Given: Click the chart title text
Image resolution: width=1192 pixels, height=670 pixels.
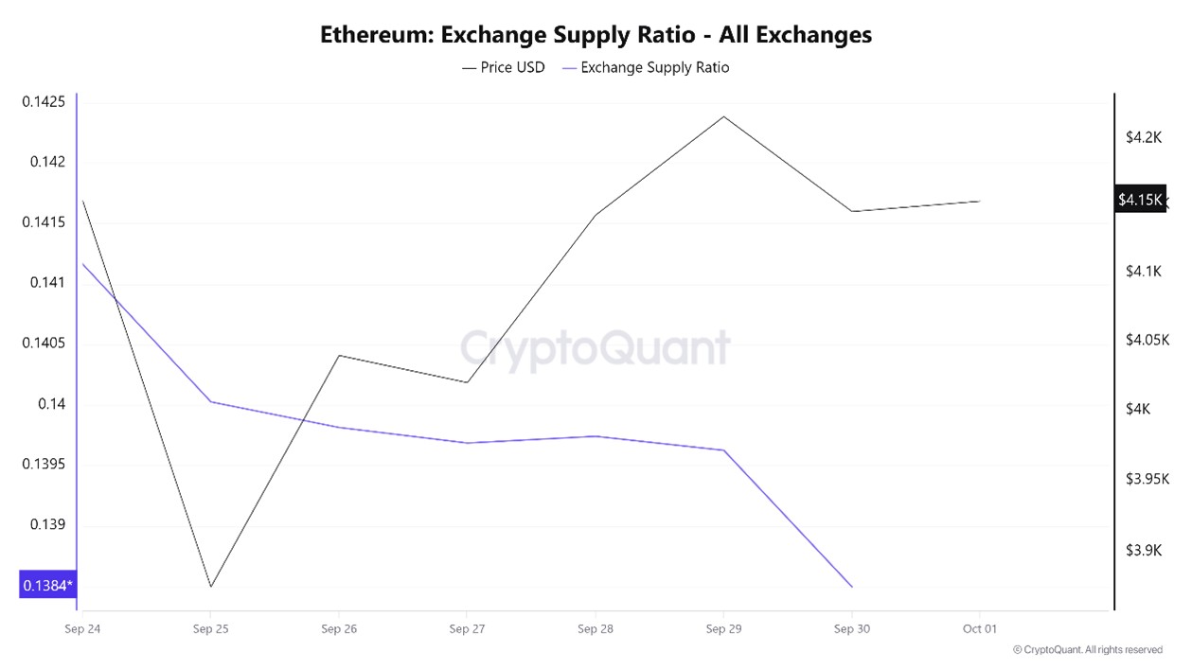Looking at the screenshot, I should pyautogui.click(x=596, y=35).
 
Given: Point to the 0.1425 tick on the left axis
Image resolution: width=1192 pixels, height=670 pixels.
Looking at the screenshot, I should pyautogui.click(x=44, y=101).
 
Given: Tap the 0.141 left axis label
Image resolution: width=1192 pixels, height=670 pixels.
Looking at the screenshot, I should pyautogui.click(x=48, y=282).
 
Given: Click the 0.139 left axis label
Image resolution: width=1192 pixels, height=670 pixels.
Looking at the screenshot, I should pyautogui.click(x=48, y=524).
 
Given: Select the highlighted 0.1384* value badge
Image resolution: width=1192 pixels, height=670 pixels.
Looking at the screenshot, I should pyautogui.click(x=46, y=586).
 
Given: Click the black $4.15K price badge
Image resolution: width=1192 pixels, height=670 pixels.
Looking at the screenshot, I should pyautogui.click(x=1139, y=199).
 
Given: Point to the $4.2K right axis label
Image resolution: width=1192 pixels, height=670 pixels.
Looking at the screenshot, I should pyautogui.click(x=1143, y=137).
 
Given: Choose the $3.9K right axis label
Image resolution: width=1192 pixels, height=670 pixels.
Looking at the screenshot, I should pyautogui.click(x=1143, y=551).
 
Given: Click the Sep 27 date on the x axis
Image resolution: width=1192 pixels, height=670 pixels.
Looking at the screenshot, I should pyautogui.click(x=466, y=628).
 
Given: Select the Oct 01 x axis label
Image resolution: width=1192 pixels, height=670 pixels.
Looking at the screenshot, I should pyautogui.click(x=979, y=628).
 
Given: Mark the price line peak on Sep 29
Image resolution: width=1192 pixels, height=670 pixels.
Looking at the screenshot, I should pyautogui.click(x=724, y=116).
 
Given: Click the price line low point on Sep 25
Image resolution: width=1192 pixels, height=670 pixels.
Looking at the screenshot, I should pyautogui.click(x=211, y=586).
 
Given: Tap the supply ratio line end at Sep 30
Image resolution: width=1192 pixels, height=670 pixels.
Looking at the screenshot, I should pyautogui.click(x=852, y=587).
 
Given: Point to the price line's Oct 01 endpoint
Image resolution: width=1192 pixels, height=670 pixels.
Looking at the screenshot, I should pyautogui.click(x=980, y=201).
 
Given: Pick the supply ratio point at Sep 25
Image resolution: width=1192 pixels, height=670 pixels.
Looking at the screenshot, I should pyautogui.click(x=211, y=401).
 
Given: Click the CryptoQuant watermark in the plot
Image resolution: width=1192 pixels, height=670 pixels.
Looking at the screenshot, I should pyautogui.click(x=596, y=347).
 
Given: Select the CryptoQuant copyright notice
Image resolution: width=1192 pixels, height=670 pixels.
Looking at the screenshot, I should pyautogui.click(x=1087, y=650).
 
